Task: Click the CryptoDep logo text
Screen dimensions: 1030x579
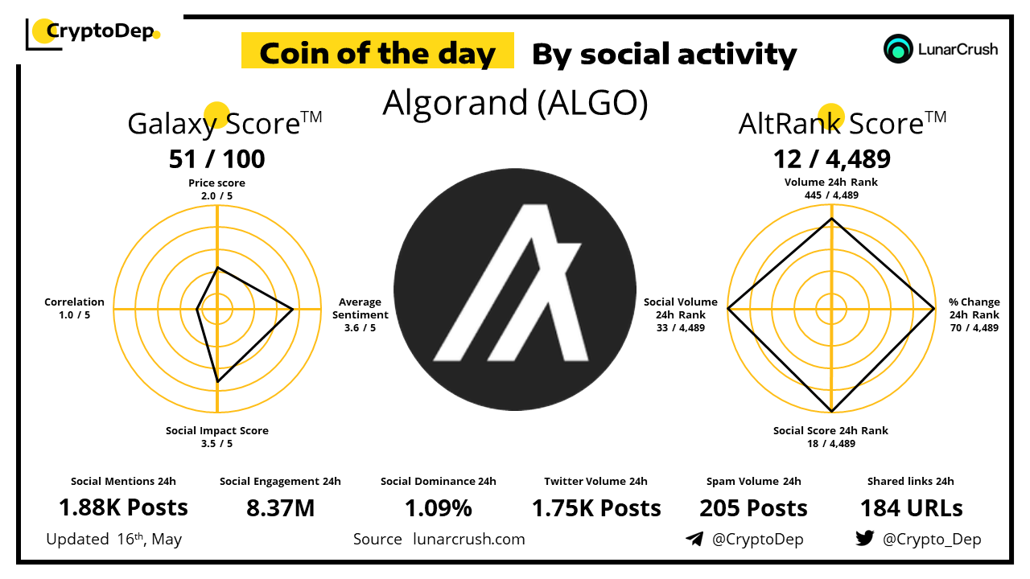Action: click(101, 31)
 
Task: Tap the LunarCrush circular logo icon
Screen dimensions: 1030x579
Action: click(897, 49)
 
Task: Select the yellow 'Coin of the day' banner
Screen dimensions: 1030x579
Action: click(377, 51)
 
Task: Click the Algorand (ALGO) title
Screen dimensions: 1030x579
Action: click(515, 103)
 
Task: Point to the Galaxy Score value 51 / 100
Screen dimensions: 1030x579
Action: click(216, 159)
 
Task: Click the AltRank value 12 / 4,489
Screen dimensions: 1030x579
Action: click(831, 159)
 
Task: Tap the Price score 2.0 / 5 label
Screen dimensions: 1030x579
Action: click(216, 189)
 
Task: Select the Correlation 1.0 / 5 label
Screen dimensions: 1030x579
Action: click(74, 308)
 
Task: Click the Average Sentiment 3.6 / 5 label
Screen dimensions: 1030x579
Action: click(360, 314)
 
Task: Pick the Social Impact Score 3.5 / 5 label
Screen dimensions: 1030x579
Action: click(216, 437)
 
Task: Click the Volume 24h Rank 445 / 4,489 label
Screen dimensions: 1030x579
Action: click(831, 188)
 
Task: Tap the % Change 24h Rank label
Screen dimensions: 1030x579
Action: click(974, 314)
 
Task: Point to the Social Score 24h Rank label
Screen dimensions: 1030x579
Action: click(830, 437)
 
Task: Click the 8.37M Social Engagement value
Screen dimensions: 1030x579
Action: click(280, 508)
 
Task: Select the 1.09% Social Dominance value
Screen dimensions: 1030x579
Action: click(439, 508)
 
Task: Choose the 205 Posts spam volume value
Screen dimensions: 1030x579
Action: click(753, 508)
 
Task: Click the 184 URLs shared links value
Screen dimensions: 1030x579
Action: click(911, 508)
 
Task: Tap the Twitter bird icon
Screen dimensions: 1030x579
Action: click(864, 538)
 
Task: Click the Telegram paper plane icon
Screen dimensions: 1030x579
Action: click(694, 539)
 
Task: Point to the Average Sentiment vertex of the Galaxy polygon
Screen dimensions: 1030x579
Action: click(292, 310)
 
